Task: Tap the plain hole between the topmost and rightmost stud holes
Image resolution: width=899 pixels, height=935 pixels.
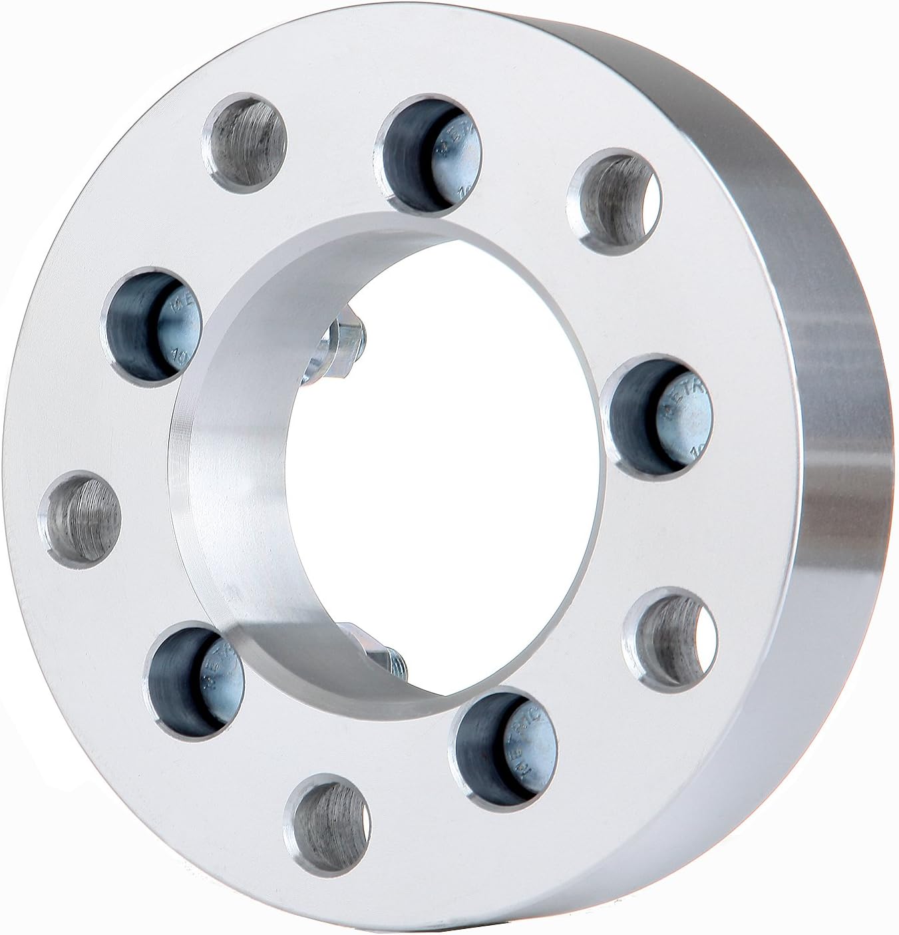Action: point(614,191)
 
